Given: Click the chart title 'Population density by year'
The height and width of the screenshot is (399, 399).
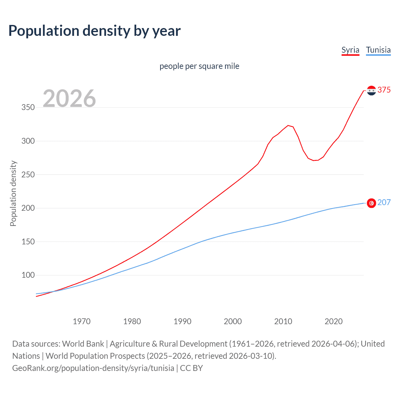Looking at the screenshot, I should pos(94,31).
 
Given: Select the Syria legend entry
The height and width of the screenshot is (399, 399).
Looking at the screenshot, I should pos(350,50).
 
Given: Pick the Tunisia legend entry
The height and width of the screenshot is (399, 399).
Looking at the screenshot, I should pos(378,50).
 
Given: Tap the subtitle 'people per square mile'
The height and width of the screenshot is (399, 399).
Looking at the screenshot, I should pos(199,66).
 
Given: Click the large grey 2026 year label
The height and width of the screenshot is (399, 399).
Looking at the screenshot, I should pos(69,99).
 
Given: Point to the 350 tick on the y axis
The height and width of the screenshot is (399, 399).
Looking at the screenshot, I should pos(28,108).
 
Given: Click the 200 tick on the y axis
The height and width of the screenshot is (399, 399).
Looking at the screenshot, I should pos(28,208).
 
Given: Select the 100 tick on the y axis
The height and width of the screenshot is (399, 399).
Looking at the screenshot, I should pos(28,275).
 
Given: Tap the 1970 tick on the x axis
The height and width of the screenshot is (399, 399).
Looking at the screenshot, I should pos(82,321).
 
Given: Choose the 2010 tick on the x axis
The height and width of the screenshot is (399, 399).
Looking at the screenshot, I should pos(283,321).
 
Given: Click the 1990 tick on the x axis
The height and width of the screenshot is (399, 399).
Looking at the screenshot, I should pos(182,321).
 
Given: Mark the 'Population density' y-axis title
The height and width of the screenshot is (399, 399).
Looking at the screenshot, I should pos(13,193).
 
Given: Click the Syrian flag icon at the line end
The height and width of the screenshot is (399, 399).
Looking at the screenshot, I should pos(371,90).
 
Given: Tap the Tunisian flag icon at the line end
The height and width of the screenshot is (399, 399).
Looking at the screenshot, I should pos(371,203).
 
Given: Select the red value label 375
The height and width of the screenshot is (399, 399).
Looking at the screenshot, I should pos(384,90).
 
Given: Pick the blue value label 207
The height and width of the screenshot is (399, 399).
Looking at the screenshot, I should pos(384,202).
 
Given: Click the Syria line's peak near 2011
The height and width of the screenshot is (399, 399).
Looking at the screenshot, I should pos(288,125).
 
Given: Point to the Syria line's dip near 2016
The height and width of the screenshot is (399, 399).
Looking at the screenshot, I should pos(314,160).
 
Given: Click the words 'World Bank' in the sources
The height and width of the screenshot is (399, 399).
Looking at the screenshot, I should pos(83,344).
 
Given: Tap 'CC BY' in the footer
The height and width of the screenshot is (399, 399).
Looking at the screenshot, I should pos(191,368).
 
